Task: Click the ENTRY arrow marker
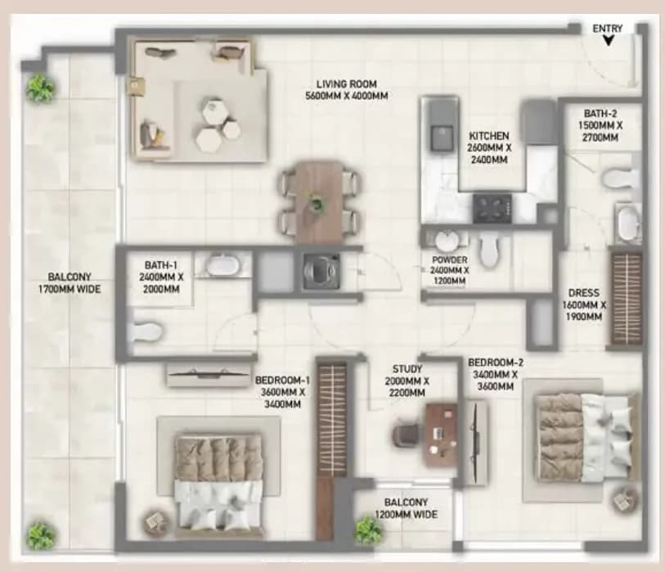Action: [609, 40]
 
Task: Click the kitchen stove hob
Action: [492, 209]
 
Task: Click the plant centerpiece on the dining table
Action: [316, 205]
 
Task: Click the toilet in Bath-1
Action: [146, 331]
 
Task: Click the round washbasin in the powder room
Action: [447, 241]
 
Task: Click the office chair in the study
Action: [407, 435]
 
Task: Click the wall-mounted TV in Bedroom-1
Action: [208, 374]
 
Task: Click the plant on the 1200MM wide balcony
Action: [368, 531]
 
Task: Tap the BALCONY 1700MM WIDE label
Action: [70, 283]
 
